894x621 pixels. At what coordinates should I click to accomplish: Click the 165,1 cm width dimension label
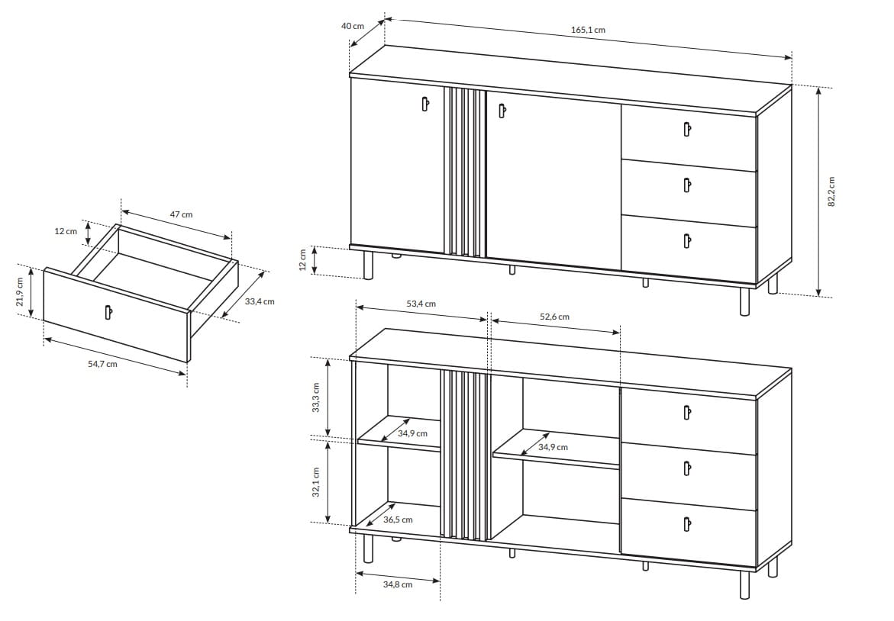pos(588,30)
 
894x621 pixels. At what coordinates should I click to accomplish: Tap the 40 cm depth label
pos(353,26)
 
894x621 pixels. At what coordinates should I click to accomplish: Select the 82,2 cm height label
pos(831,191)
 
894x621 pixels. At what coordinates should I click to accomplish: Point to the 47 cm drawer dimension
pos(181,214)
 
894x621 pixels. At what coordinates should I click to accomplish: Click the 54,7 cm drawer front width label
pos(102,363)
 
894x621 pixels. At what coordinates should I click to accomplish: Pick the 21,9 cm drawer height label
pos(20,291)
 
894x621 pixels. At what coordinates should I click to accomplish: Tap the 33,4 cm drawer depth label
pos(260,301)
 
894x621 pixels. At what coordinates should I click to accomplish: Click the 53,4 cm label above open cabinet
pos(421,304)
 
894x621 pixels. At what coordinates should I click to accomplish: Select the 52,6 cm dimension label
pos(554,317)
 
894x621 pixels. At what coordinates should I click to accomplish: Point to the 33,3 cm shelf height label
pos(315,397)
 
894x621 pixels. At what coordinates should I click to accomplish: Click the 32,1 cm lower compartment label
pos(315,483)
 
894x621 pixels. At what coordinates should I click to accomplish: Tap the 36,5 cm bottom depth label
pos(398,520)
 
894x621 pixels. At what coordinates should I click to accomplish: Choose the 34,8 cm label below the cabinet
pos(398,584)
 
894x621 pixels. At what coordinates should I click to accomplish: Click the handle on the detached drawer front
pos(108,312)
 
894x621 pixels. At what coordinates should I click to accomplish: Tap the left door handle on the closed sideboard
pos(424,104)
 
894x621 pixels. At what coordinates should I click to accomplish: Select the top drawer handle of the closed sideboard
pos(688,130)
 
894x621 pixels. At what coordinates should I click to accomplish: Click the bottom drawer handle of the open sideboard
pos(687,523)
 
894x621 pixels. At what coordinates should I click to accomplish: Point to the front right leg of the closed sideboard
pos(744,301)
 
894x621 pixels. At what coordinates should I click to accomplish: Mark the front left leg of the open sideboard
pos(368,549)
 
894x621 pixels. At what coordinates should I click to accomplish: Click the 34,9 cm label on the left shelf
pos(412,433)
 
